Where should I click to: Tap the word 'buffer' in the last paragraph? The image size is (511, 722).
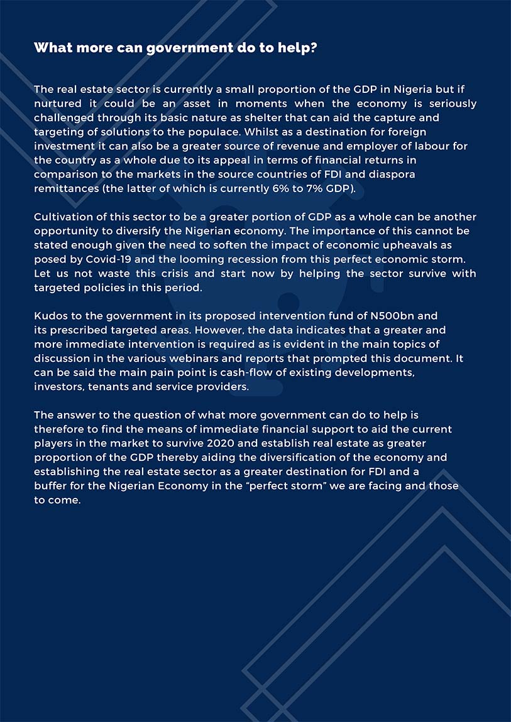coord(51,486)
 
